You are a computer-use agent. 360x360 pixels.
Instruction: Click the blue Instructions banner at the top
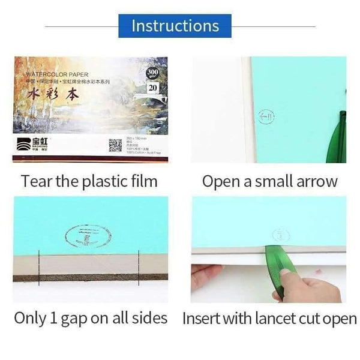click(175, 26)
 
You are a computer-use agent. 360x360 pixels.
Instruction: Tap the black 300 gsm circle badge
click(153, 74)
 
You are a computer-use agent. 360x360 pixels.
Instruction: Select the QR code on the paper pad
click(115, 145)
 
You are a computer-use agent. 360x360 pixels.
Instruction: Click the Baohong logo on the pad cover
click(32, 144)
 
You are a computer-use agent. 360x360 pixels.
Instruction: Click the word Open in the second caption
click(220, 181)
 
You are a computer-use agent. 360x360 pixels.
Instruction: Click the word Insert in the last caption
click(202, 317)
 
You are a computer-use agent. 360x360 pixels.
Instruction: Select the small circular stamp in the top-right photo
click(265, 117)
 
